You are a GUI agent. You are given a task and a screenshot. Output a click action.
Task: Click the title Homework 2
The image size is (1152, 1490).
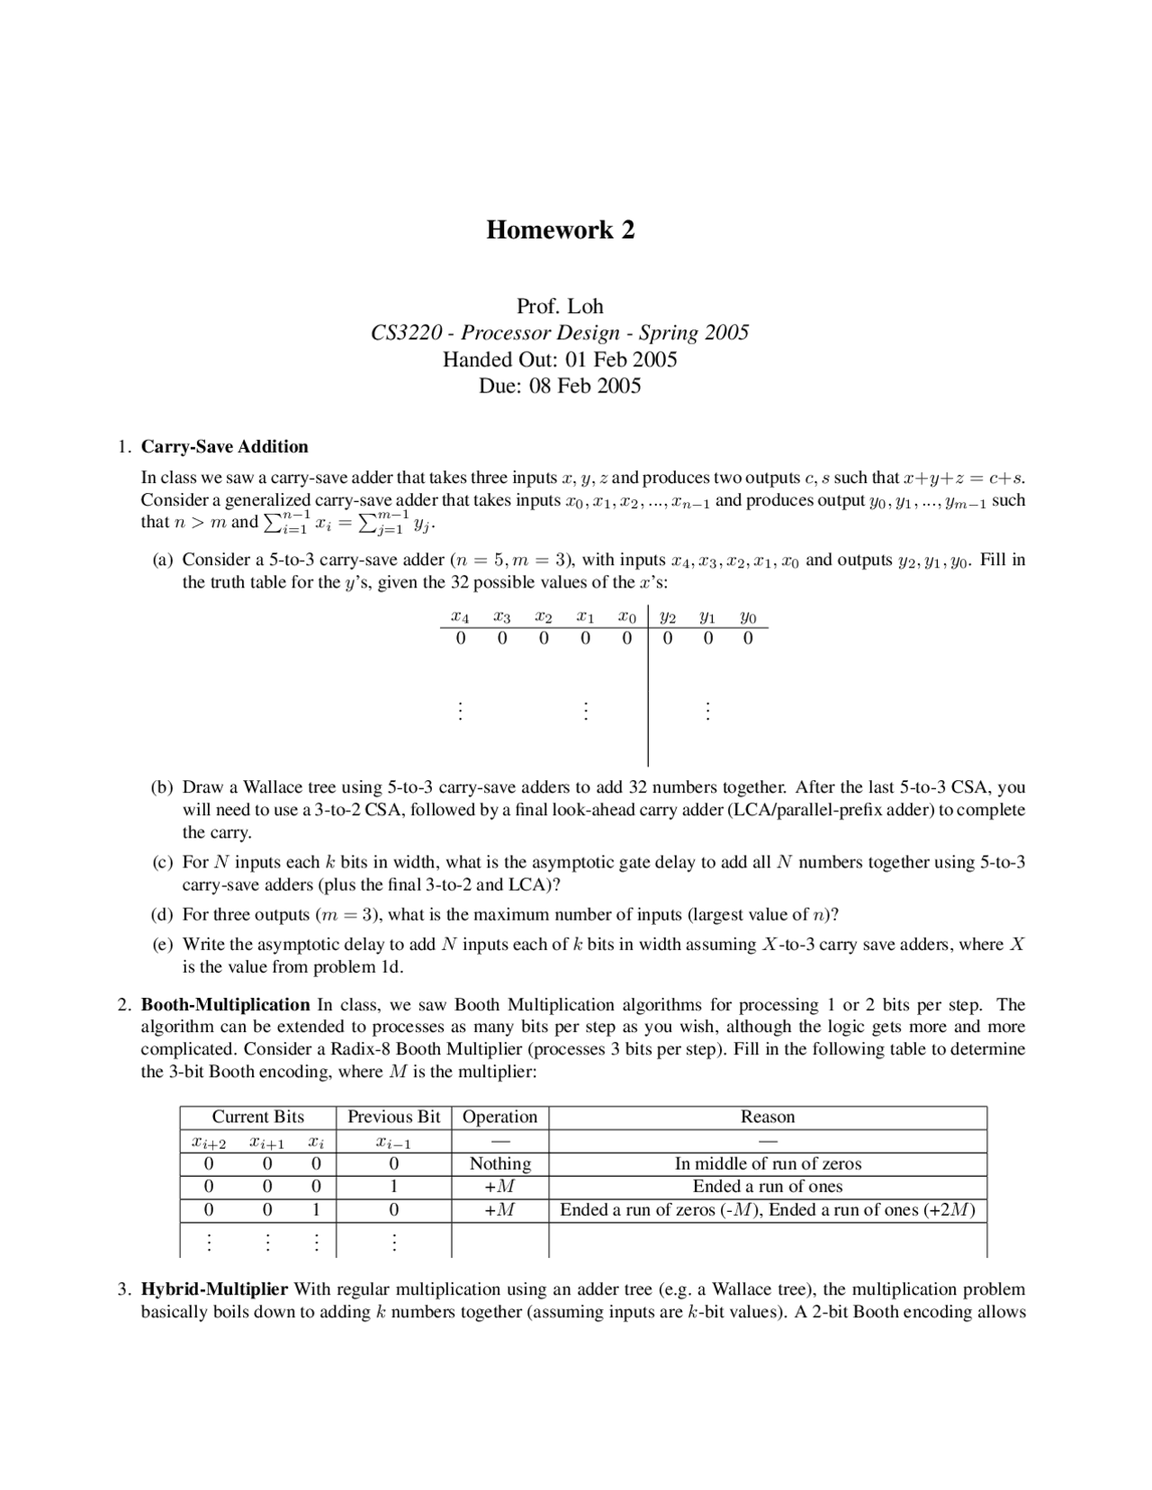(560, 230)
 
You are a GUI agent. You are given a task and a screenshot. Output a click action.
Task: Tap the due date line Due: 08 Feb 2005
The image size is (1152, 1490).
(559, 386)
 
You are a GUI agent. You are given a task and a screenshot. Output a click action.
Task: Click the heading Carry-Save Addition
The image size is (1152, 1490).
(225, 446)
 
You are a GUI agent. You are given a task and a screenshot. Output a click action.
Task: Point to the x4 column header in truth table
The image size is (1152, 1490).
(460, 618)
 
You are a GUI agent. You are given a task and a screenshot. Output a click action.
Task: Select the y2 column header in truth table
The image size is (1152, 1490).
(667, 618)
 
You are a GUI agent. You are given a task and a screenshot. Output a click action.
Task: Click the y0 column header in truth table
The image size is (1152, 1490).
(748, 618)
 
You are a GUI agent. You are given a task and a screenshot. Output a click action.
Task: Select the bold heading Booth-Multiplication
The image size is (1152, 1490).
(225, 1004)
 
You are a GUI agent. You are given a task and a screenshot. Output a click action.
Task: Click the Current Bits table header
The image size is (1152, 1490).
(257, 1117)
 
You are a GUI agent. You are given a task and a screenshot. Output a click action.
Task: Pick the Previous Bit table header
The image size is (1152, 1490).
(393, 1117)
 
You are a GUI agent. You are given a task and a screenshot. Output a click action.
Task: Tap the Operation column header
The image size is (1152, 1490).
(499, 1117)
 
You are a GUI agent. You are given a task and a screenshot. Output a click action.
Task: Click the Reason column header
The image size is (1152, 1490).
(767, 1117)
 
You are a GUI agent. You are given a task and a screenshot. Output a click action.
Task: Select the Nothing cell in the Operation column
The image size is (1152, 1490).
(499, 1163)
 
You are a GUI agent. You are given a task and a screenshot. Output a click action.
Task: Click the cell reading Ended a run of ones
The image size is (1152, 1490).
(767, 1187)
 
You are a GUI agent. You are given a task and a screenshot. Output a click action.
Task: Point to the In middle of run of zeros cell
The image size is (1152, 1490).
(767, 1163)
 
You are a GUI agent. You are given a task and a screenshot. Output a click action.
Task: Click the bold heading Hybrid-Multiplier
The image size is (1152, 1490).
(214, 1288)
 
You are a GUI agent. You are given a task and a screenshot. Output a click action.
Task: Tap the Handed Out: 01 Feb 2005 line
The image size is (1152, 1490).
(559, 360)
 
